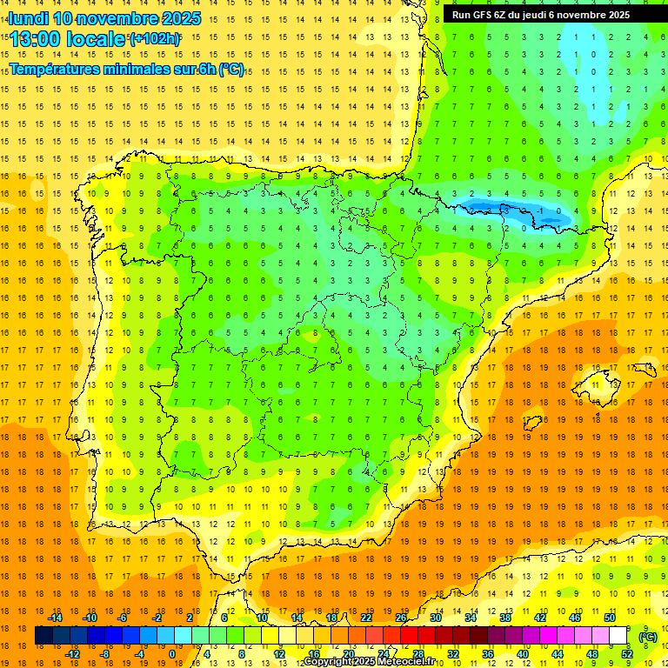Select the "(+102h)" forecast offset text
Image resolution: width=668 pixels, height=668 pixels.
pos(155,39)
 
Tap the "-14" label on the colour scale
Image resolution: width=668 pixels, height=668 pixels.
pos(55,618)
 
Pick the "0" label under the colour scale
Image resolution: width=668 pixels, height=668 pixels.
pos(172,654)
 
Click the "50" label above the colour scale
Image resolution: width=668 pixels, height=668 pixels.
pos(610,618)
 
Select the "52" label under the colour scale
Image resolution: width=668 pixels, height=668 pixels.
pos(627,654)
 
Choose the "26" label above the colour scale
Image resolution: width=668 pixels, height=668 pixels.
pos(401,618)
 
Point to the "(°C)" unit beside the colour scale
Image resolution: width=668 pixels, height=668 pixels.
pos(647,637)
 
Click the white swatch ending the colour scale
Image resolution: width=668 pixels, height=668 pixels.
pos(618,637)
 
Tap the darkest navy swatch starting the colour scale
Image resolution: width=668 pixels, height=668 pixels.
pos(43,637)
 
